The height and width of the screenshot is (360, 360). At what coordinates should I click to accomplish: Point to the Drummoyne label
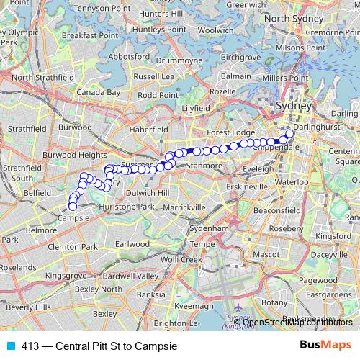(x=158, y=61)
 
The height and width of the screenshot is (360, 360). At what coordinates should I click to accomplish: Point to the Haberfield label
(x=147, y=128)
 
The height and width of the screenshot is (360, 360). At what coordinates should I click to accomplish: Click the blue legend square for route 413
(x=10, y=345)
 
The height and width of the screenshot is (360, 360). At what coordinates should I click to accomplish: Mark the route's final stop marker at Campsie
(x=73, y=207)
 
